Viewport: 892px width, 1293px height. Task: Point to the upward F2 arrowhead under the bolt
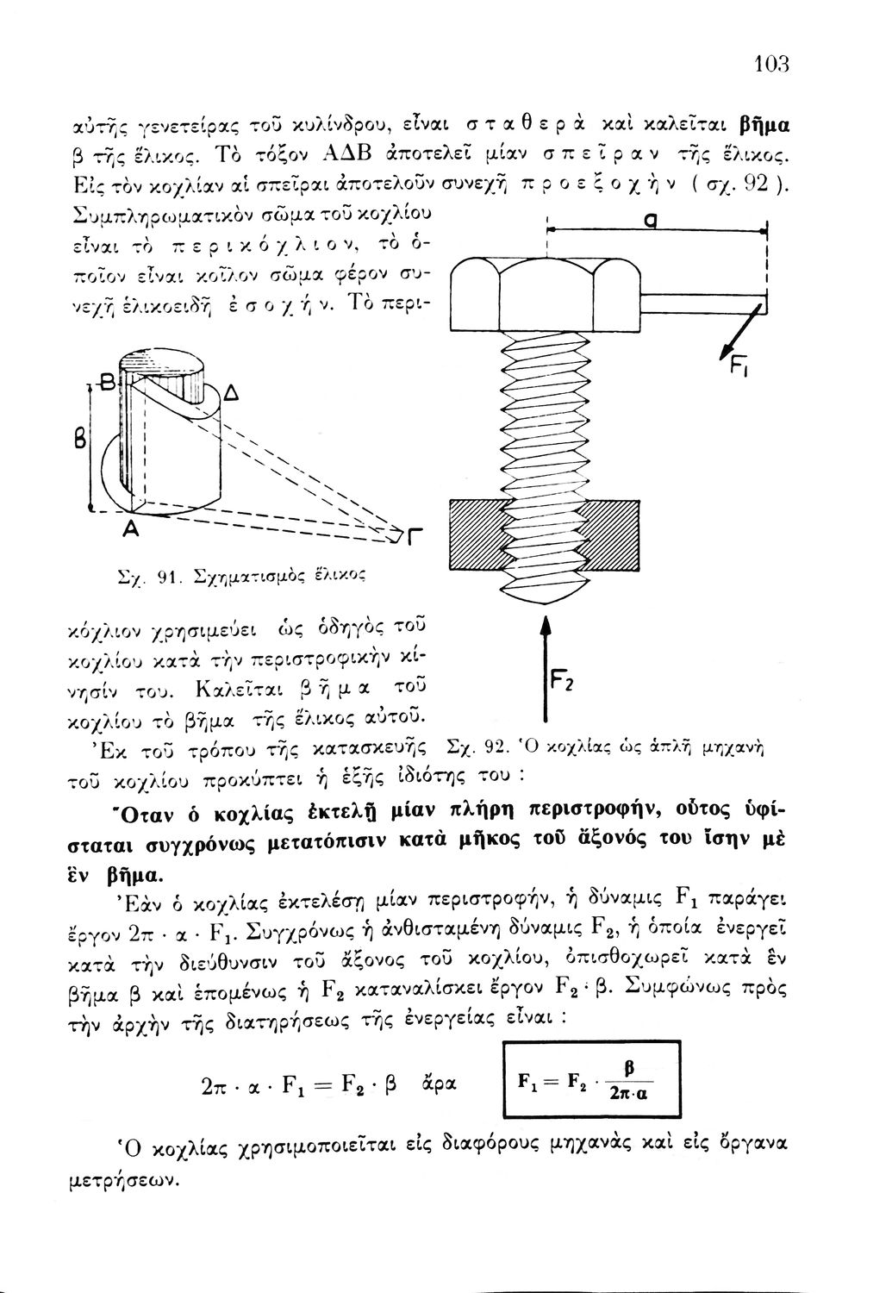click(544, 628)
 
